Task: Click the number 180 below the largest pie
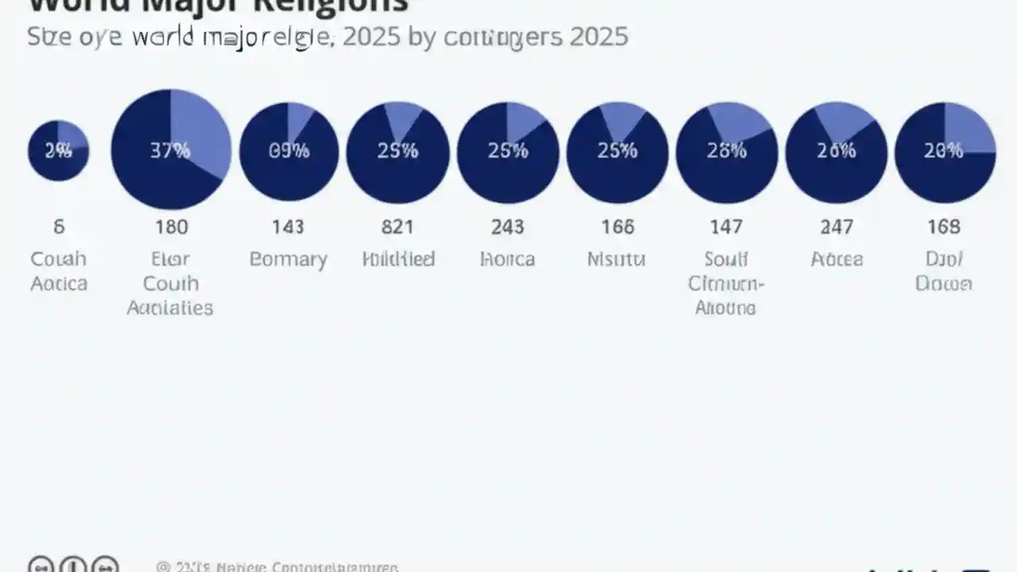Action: pos(171,227)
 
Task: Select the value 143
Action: pos(288,227)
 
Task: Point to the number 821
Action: pos(397,227)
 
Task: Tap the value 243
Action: pos(507,227)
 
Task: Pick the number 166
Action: pos(617,227)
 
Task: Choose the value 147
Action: pos(725,227)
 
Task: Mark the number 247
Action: pos(836,227)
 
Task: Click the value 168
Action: pos(944,227)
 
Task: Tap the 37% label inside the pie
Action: pos(170,150)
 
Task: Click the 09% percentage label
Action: pos(288,151)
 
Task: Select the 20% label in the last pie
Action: pos(943,151)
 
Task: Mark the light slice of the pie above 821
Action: pos(404,118)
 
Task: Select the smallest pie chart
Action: pos(58,151)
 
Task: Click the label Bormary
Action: pos(288,260)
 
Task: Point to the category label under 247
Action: pos(836,260)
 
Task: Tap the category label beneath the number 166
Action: pos(617,260)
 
